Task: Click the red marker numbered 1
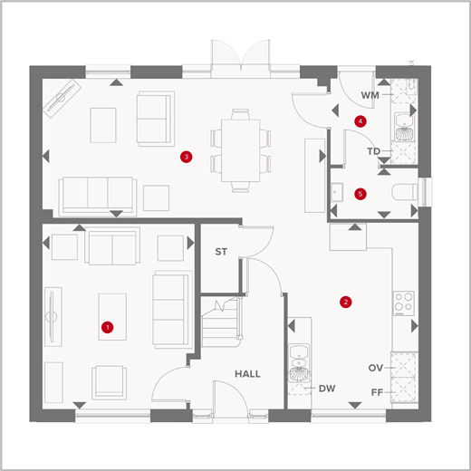click(108, 327)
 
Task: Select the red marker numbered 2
click(346, 302)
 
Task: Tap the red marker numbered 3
click(187, 157)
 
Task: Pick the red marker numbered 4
click(360, 121)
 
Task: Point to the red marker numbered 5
click(360, 194)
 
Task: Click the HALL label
click(247, 374)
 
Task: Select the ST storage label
click(221, 252)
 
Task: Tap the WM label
click(370, 95)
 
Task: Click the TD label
click(373, 151)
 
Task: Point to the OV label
click(376, 368)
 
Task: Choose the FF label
click(377, 392)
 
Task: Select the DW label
click(327, 389)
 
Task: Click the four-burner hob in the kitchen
click(404, 303)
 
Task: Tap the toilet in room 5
click(405, 192)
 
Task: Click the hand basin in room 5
click(337, 192)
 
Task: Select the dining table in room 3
click(240, 150)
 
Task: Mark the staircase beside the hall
click(221, 322)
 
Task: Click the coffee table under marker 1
click(112, 317)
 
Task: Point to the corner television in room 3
click(62, 99)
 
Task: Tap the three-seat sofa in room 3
click(98, 197)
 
